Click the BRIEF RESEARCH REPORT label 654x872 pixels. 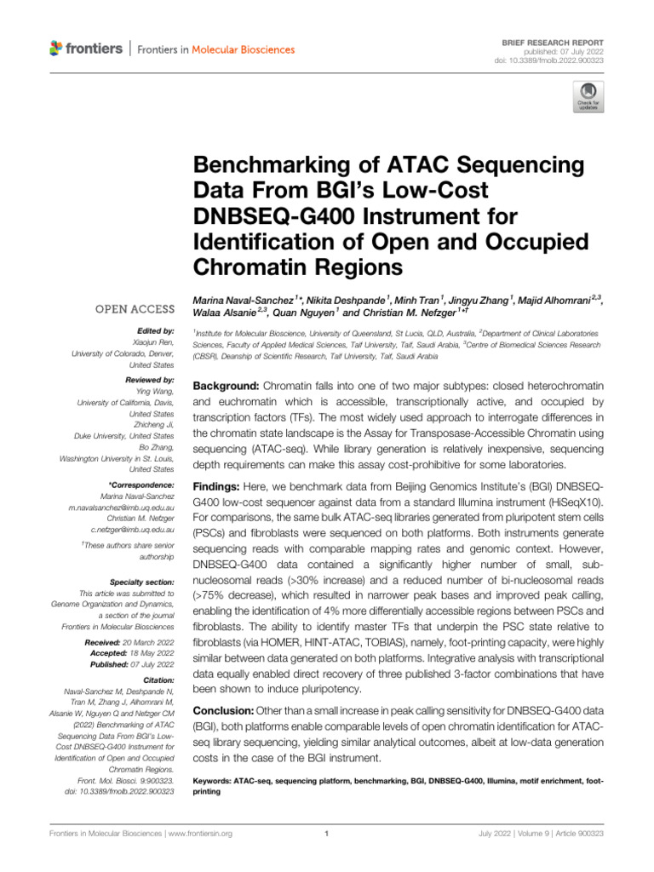pyautogui.click(x=558, y=43)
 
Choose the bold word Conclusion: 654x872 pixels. pyautogui.click(x=225, y=709)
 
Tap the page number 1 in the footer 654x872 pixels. pyautogui.click(x=327, y=834)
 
